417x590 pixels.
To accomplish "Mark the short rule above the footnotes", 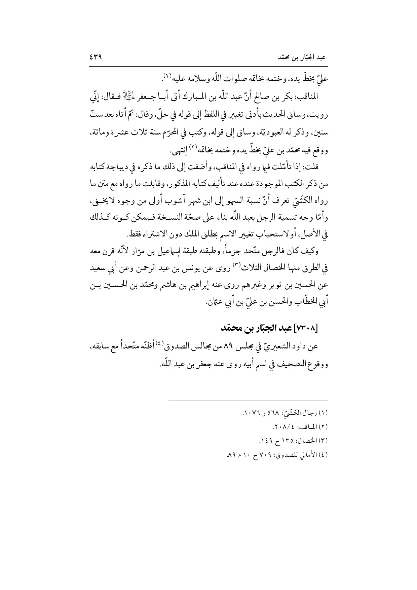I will [x=248, y=401].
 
